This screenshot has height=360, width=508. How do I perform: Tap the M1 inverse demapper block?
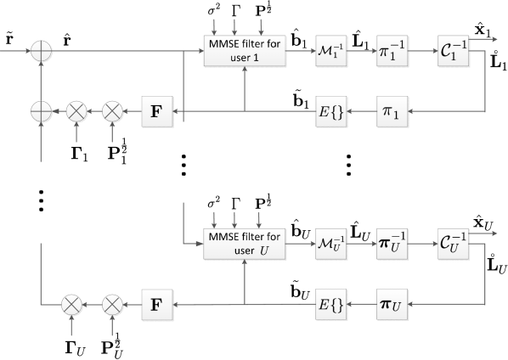pos(328,52)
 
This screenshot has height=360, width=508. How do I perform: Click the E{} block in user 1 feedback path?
pos(328,111)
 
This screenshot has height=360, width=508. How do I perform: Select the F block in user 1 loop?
pos(157,111)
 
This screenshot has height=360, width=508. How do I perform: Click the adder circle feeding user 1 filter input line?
pos(41,52)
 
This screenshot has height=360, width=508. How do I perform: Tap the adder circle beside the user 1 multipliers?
pos(41,111)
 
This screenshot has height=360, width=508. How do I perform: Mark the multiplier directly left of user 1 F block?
pos(112,111)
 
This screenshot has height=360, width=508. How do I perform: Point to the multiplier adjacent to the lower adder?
pos(77,111)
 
